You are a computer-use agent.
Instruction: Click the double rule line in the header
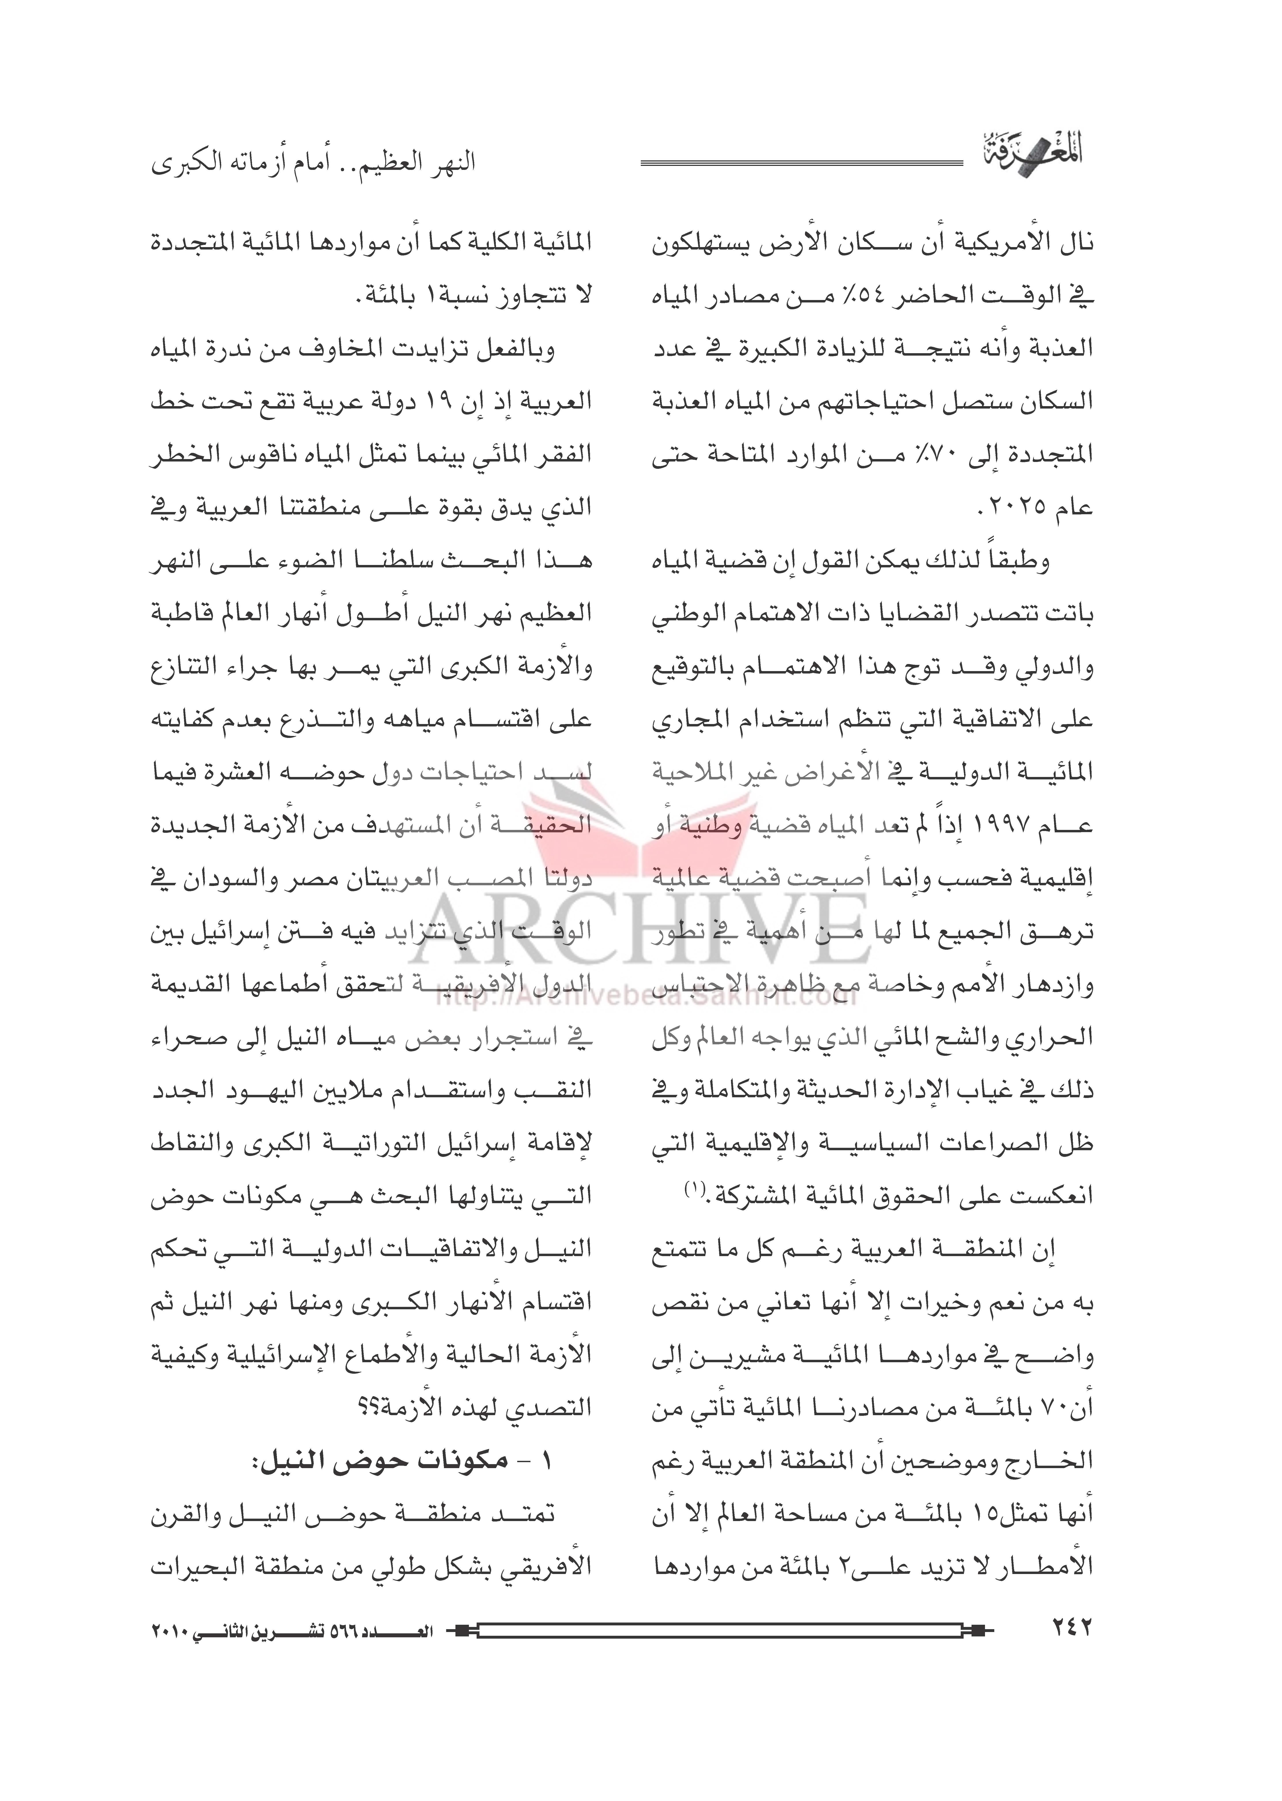click(x=801, y=163)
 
